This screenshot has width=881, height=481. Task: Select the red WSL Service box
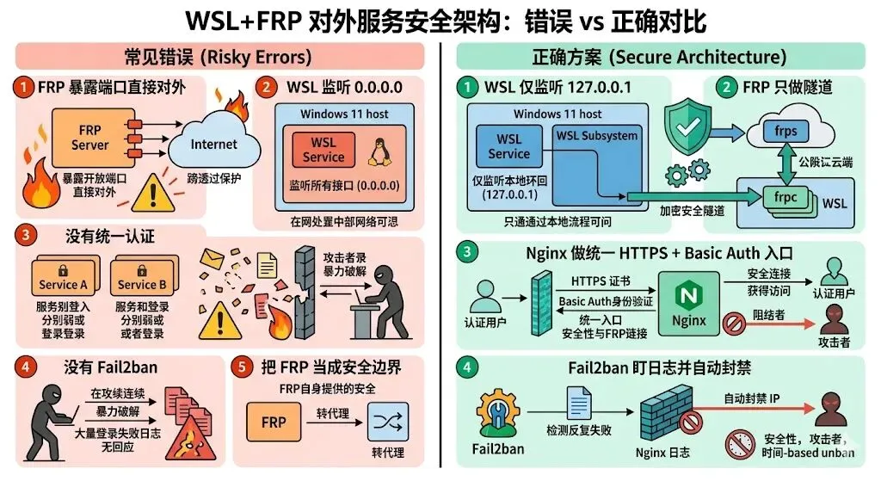point(323,150)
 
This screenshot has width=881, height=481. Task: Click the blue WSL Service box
point(509,146)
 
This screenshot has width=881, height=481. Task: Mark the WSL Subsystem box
point(597,136)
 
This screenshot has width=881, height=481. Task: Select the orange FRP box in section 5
point(274,422)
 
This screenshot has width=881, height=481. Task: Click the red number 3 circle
point(25,234)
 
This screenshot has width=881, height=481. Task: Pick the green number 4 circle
point(468,367)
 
